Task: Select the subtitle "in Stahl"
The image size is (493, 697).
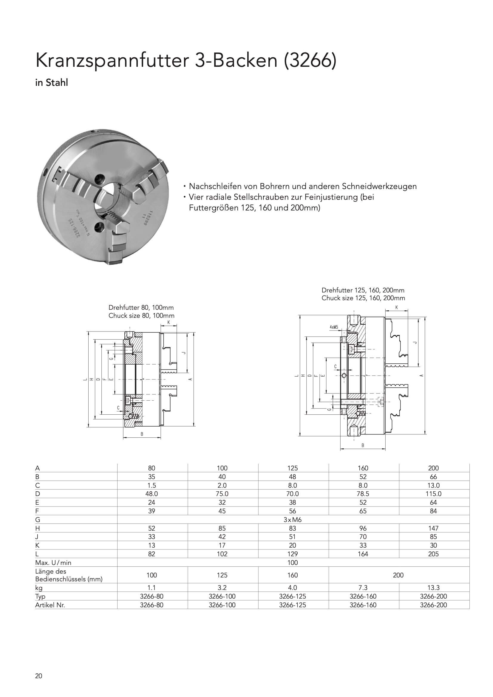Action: (x=51, y=83)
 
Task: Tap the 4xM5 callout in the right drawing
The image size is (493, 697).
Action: (x=333, y=327)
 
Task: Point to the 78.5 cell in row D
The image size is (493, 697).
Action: (x=363, y=494)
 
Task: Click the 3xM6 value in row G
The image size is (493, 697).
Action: (x=293, y=520)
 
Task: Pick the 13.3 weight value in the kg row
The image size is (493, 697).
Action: (x=433, y=587)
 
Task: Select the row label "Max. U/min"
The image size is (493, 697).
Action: (x=53, y=563)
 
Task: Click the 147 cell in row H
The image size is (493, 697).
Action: (x=433, y=528)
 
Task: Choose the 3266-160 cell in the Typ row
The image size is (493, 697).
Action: (x=363, y=596)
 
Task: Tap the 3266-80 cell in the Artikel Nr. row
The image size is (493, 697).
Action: (x=152, y=605)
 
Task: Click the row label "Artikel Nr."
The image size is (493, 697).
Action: (x=50, y=605)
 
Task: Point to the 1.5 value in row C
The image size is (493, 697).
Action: (x=152, y=485)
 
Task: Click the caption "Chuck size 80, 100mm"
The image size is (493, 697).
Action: (x=141, y=315)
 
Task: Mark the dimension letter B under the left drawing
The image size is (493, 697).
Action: (x=142, y=434)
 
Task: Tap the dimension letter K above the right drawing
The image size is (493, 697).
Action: (x=396, y=308)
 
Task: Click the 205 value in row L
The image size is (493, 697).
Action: (x=433, y=554)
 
